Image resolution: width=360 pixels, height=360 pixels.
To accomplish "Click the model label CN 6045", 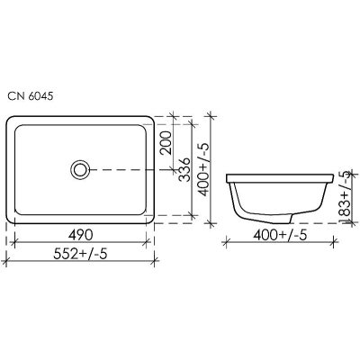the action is pos(31,96).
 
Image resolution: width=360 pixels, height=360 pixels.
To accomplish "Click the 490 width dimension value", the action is pos(80,235).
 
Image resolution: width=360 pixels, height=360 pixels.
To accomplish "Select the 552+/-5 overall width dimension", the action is pos(80,255).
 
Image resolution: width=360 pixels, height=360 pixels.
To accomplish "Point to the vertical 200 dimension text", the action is pos(166,143).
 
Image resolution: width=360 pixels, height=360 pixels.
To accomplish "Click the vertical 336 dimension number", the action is pos(184,169).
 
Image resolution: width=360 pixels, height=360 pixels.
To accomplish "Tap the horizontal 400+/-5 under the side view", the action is pos(280,235).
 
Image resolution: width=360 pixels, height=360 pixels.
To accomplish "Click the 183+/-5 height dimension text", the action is pos(346,197).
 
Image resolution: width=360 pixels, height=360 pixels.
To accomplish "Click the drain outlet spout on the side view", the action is pos(283,219).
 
